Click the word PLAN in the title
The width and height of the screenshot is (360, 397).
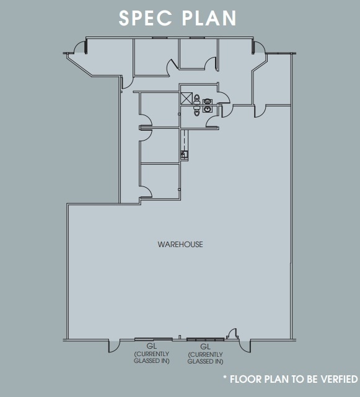209,18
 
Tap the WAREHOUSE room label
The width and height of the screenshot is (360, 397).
180,245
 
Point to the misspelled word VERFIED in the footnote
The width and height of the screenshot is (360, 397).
337,378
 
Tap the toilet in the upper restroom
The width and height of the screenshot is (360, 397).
197,98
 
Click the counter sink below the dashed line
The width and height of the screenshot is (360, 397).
183,154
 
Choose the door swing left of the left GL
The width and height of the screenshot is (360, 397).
115,345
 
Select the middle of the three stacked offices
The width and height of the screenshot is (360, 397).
160,146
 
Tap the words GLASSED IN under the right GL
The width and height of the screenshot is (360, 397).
206,361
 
